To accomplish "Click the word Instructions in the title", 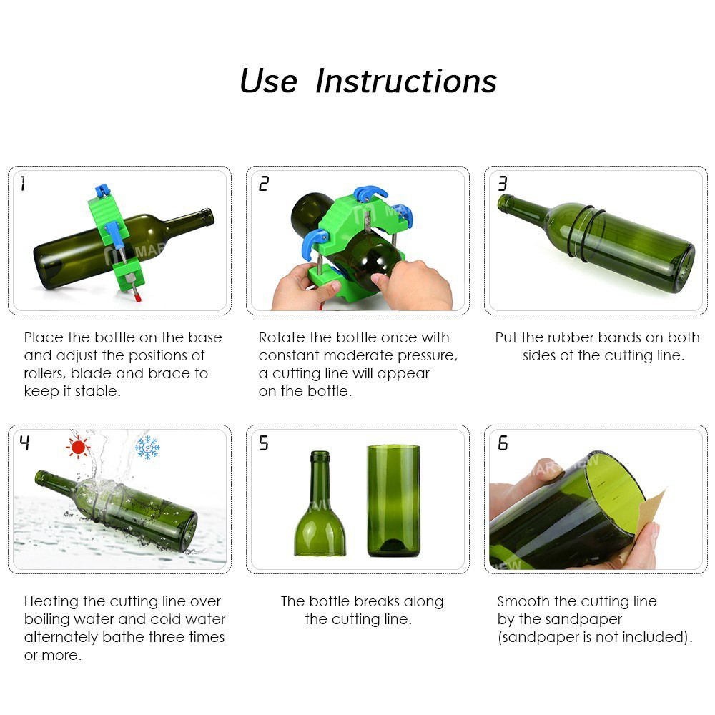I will (x=405, y=82).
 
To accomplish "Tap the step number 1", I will (x=23, y=184).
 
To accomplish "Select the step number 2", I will (x=264, y=184).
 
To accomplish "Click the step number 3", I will (x=502, y=184).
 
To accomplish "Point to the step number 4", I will (x=24, y=443).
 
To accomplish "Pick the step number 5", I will (x=264, y=443).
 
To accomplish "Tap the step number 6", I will (x=502, y=443).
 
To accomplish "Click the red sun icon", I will (x=77, y=448).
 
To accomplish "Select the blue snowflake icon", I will (x=147, y=448).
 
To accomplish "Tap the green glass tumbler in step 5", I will (x=393, y=500).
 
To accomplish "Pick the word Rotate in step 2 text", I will (x=281, y=337).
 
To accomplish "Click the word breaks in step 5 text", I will (x=376, y=602).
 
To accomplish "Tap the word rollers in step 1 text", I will (x=46, y=373).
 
